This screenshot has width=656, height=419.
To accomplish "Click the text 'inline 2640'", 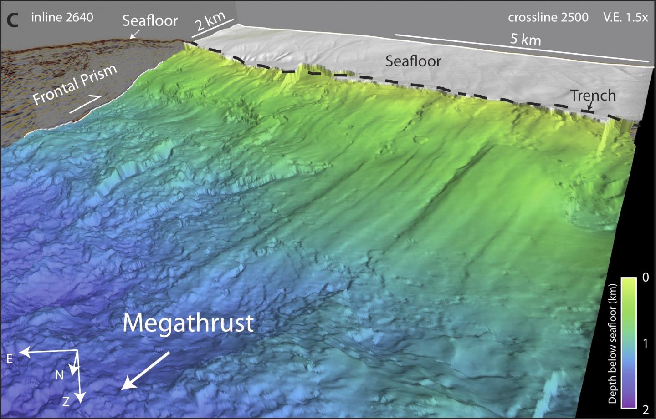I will point(62,18).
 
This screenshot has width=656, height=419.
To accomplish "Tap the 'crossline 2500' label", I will point(548,18).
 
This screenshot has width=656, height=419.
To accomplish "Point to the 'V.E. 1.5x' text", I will point(625,18).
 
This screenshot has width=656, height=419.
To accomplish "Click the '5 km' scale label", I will point(525,39).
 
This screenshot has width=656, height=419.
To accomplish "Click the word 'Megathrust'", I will point(188,323).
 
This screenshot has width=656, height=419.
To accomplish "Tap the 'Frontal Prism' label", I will point(75,85).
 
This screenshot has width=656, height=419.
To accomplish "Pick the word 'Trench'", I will point(593,96).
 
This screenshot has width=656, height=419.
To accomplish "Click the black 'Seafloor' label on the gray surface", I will point(413,61).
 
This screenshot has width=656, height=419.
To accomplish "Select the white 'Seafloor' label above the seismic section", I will point(150,20).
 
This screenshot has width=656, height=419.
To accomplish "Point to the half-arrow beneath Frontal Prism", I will point(85,104).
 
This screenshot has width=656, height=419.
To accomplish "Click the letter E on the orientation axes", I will point(10,359).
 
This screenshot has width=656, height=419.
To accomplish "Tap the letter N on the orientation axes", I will point(59,375).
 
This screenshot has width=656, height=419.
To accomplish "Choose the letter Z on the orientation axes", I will point(66,401).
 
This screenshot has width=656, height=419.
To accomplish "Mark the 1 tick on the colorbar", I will point(646,343).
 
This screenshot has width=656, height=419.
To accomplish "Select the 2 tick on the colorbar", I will point(646,409).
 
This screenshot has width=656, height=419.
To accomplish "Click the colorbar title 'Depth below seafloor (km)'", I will point(613,343).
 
